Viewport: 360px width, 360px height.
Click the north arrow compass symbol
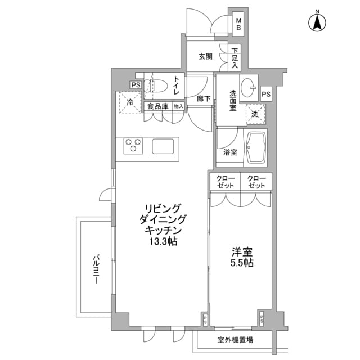click(317, 22)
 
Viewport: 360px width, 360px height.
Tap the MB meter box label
click(238, 24)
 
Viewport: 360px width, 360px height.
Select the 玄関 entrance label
click(205, 56)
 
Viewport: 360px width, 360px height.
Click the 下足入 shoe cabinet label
click(235, 58)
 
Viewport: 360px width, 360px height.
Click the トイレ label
click(176, 85)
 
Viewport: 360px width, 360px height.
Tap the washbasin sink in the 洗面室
click(249, 88)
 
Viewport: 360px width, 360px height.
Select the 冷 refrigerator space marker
click(130, 102)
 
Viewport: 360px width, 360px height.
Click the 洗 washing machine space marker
click(255, 114)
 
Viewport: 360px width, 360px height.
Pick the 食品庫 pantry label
click(157, 106)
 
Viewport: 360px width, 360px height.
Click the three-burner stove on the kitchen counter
click(133, 146)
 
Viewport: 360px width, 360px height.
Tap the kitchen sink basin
click(163, 146)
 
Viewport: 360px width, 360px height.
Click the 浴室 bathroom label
click(230, 152)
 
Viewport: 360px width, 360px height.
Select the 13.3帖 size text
click(163, 241)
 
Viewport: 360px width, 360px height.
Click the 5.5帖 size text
click(242, 263)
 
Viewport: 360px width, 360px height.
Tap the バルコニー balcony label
click(96, 269)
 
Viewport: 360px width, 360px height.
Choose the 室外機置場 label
click(235, 340)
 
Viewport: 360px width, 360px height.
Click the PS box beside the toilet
click(136, 85)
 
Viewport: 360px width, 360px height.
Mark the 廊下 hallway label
click(204, 98)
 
